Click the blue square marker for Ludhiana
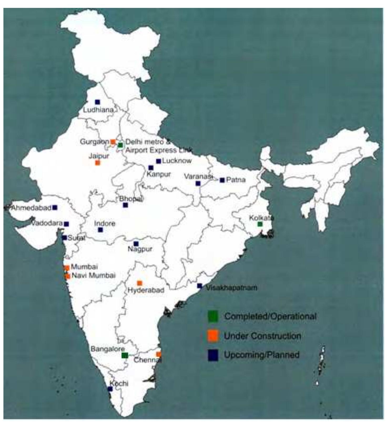click(x=98, y=102)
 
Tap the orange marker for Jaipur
click(x=98, y=163)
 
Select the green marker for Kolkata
click(x=260, y=224)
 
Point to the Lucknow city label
click(x=177, y=161)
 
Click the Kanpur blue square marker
click(x=151, y=168)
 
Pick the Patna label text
click(x=236, y=180)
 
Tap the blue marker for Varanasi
click(x=198, y=183)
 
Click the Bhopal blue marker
click(x=125, y=205)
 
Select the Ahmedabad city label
click(x=31, y=208)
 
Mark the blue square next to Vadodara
click(x=67, y=224)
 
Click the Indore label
click(x=105, y=223)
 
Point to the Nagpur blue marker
click(x=136, y=244)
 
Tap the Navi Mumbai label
click(x=94, y=276)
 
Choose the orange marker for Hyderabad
click(x=140, y=283)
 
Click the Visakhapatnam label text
click(x=231, y=287)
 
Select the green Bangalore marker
click(x=125, y=355)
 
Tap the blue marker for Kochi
click(x=110, y=389)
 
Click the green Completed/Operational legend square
click(x=213, y=316)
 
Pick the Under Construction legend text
click(x=262, y=336)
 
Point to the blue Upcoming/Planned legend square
click(x=213, y=355)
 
